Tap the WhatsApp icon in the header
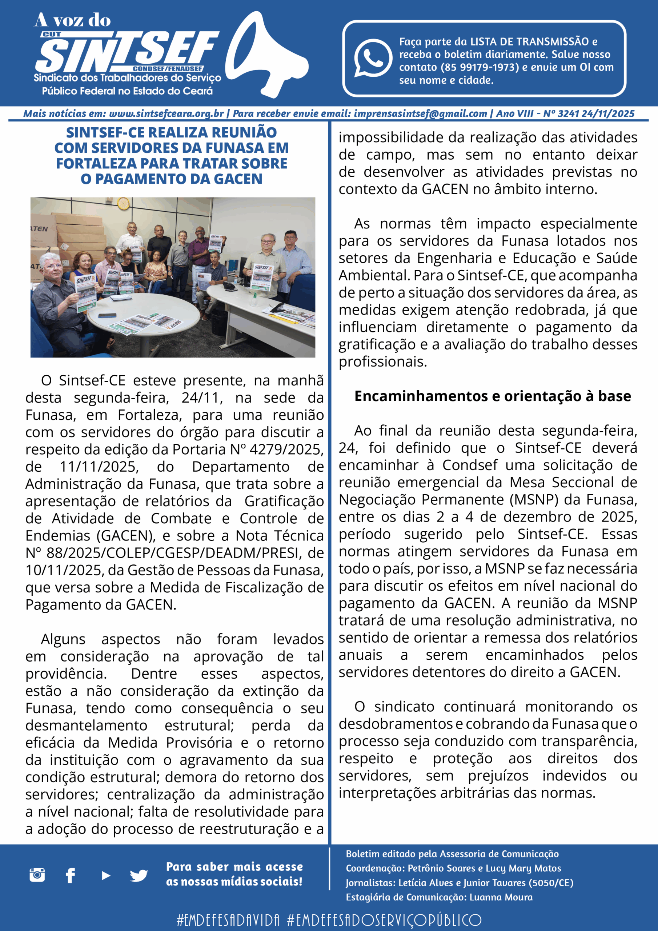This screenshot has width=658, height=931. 373,58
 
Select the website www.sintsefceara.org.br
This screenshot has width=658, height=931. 166,114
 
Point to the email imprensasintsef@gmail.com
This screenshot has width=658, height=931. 420,114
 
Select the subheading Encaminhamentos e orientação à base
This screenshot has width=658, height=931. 492,396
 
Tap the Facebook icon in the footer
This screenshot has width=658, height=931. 71,875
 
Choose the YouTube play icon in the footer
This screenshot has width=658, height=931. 106,875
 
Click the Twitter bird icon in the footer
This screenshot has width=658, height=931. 139,875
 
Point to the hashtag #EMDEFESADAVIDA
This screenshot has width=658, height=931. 228,920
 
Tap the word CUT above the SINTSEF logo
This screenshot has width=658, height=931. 52,35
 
